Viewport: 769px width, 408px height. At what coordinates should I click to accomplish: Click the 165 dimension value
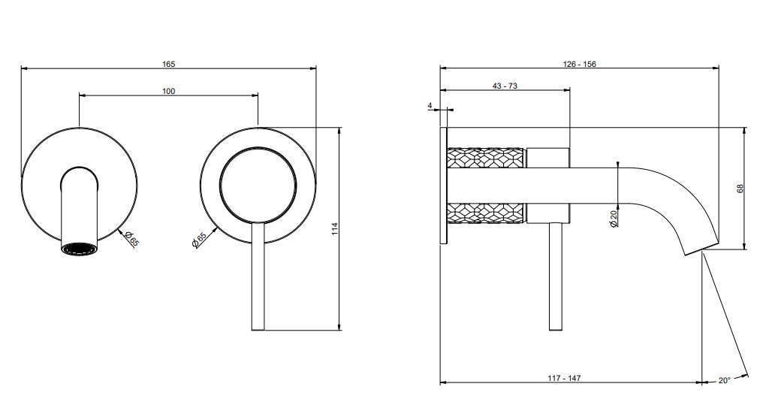point(168,64)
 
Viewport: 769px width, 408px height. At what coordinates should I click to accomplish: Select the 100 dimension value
point(168,91)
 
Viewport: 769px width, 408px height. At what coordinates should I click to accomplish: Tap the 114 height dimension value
point(335,228)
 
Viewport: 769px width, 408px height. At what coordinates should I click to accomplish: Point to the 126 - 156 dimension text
point(579,64)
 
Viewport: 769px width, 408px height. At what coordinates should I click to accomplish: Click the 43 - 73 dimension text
point(505,86)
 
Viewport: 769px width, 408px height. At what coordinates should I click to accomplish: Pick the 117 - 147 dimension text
point(564,378)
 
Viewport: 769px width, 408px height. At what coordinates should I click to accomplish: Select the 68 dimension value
point(740,189)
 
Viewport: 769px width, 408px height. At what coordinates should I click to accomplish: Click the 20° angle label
point(725,380)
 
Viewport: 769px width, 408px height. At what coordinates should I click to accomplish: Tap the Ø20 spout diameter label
point(613,219)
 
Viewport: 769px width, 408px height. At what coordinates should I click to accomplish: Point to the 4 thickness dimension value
point(430,105)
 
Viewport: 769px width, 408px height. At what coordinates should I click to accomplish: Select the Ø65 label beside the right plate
point(198,240)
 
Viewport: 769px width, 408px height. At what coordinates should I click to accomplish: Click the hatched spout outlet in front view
point(80,249)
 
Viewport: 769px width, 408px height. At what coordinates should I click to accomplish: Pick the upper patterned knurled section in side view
point(486,158)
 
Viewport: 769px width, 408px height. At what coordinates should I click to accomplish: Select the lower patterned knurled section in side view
point(486,213)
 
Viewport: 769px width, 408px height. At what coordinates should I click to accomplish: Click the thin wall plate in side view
point(443,185)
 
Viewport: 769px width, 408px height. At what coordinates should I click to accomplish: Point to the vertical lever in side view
point(556,277)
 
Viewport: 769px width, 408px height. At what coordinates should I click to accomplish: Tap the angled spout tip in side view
point(701,249)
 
